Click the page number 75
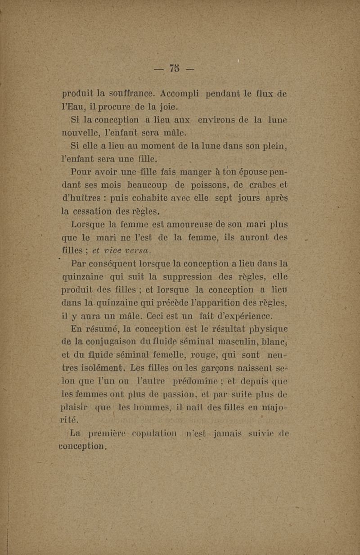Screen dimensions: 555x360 coord(173,69)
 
